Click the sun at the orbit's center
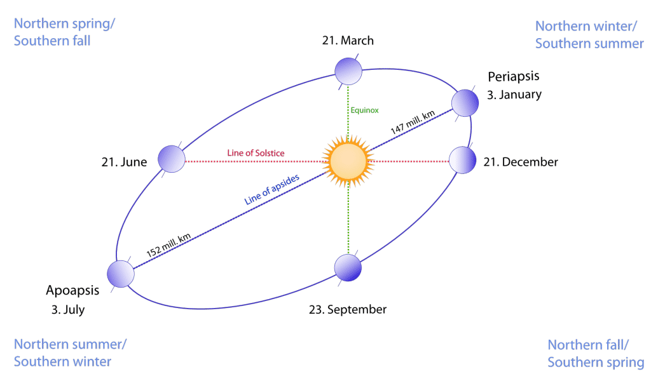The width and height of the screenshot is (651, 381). coord(348,161)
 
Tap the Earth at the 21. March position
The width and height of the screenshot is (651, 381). coord(348,71)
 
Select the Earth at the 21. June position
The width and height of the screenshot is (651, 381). coord(172,159)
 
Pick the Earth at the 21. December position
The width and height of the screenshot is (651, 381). coord(463,160)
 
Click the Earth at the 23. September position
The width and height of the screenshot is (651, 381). coord(348,268)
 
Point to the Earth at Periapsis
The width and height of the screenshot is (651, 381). coord(465,103)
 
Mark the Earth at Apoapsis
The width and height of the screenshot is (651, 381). coord(121,274)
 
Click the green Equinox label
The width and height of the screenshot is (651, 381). coord(364,110)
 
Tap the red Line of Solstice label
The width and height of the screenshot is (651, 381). coord(256,153)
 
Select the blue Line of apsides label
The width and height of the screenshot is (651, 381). coord(272,190)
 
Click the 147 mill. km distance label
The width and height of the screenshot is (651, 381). coord(413,122)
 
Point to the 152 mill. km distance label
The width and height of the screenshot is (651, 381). coord(168,245)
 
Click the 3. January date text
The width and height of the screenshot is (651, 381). coord(514,95)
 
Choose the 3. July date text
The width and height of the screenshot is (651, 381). coord(68,310)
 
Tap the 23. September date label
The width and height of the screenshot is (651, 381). coord(348,310)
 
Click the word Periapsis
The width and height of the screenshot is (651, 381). coord(514,77)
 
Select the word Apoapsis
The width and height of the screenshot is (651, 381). coord(72,291)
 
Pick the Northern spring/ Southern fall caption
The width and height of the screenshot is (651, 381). coord(64,32)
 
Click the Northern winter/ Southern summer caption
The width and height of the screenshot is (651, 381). coord(589,35)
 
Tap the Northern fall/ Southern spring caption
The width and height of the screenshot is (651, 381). coord(596,353)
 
